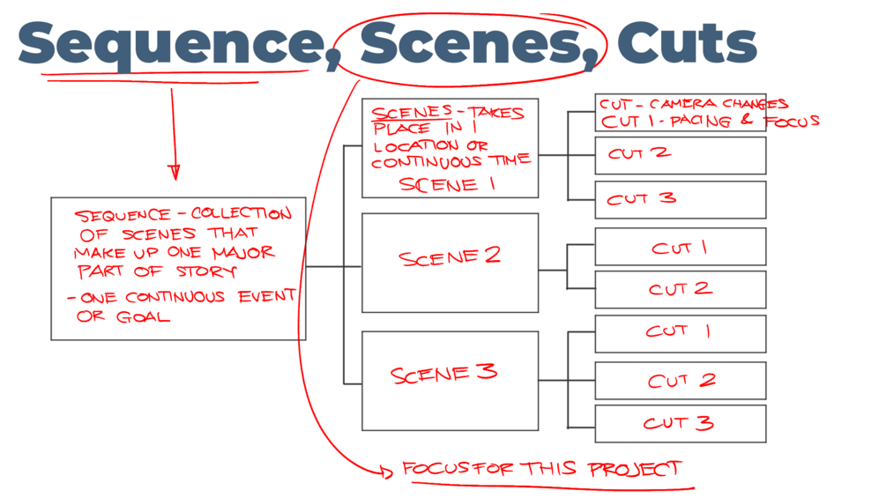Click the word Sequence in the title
(x=168, y=44)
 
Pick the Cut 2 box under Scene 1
(x=680, y=155)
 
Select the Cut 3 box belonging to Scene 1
(x=680, y=199)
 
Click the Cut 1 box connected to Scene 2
(x=680, y=247)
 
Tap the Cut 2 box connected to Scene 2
(x=680, y=289)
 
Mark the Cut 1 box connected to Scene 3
(x=680, y=332)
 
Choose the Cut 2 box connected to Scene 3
(x=680, y=381)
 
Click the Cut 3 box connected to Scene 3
(x=680, y=423)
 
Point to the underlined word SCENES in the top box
(x=396, y=114)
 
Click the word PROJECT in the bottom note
(x=636, y=468)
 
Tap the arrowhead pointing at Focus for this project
(x=386, y=472)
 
